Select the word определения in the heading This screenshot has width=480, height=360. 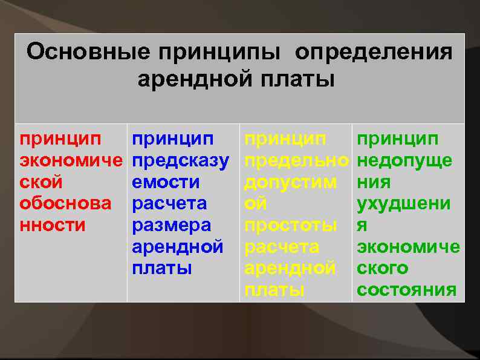[373, 52]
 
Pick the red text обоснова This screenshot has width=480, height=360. [65, 203]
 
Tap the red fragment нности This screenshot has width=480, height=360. [53, 224]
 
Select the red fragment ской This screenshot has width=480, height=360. [41, 182]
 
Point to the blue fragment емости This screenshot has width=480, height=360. [166, 182]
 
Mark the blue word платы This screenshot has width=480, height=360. [161, 267]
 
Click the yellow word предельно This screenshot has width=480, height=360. [296, 161]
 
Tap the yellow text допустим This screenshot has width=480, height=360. [290, 182]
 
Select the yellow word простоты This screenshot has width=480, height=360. [290, 224]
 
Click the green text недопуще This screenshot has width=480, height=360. [404, 161]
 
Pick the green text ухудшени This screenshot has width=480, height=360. [403, 203]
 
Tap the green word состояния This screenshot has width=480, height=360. [406, 289]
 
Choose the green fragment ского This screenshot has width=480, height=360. [382, 267]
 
